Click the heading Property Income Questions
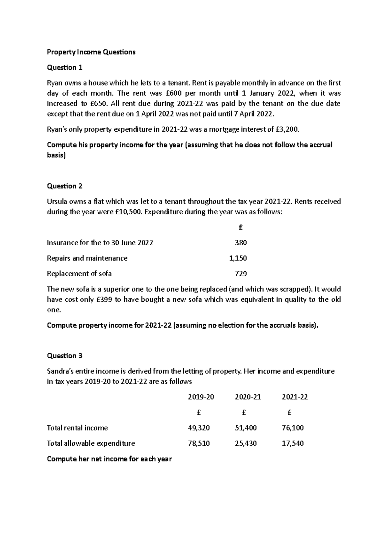pyautogui.click(x=91, y=52)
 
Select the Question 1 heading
pyautogui.click(x=65, y=67)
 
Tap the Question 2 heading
pyautogui.click(x=65, y=186)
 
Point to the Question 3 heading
pyautogui.click(x=65, y=356)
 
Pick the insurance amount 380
pyautogui.click(x=241, y=243)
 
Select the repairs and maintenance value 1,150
pyautogui.click(x=238, y=258)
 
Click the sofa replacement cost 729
pyautogui.click(x=241, y=274)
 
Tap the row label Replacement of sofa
pyautogui.click(x=79, y=274)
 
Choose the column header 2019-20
pyautogui.click(x=201, y=397)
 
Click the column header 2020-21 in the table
pyautogui.click(x=248, y=397)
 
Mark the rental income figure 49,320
pyautogui.click(x=199, y=428)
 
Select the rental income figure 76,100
pyautogui.click(x=293, y=428)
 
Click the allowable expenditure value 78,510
pyautogui.click(x=199, y=443)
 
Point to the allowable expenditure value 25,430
pyautogui.click(x=246, y=443)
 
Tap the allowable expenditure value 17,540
pyautogui.click(x=293, y=443)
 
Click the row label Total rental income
pyautogui.click(x=77, y=428)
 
